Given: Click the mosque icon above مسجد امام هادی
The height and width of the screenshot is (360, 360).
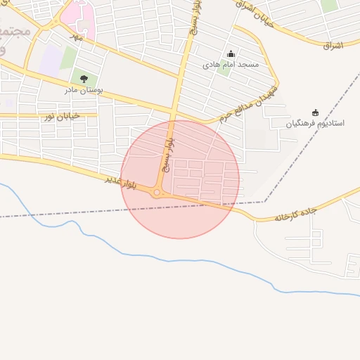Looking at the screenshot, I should pos(231,54).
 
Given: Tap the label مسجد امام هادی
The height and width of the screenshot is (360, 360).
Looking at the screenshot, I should pos(231,65).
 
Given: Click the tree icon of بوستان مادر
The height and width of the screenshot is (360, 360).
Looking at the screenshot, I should pos(84,79).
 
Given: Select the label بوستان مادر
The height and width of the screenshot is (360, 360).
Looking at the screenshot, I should pos(84,90).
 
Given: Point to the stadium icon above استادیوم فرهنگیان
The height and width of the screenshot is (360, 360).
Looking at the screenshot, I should pos(315,112).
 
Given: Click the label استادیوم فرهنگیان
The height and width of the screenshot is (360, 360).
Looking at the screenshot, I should pos(315,123).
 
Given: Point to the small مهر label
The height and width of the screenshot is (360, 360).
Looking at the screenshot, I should pos(77,36).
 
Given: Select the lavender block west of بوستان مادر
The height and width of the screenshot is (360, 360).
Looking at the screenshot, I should pos(50,60).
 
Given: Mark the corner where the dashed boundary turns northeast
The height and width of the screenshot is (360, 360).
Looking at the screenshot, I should pos(264,202).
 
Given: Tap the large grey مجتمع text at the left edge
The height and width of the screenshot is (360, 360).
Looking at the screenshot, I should pos(14,32).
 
